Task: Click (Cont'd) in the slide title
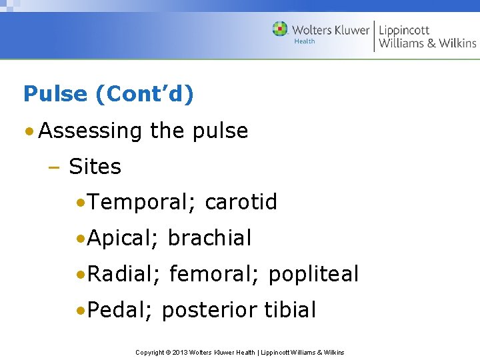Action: click(145, 94)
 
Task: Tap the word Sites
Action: click(95, 167)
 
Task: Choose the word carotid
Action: click(241, 202)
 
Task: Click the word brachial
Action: click(209, 238)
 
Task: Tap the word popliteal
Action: click(313, 274)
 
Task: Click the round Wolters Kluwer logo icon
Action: click(280, 29)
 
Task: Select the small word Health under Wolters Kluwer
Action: click(305, 41)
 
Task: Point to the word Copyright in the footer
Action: click(150, 352)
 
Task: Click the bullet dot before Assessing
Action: click(30, 131)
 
